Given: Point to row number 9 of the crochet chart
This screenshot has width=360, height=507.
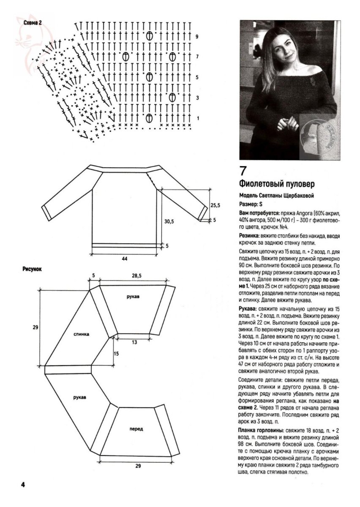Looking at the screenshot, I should click(197, 37).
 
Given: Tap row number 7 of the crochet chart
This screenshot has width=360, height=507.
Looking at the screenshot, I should click(197, 57).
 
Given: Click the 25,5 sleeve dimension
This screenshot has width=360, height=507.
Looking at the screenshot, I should click(215, 205).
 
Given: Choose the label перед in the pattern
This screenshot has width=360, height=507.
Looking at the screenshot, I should click(136, 428).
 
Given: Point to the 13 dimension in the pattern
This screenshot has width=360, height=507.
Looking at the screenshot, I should click(134, 342).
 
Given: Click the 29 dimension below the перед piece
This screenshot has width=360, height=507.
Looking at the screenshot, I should click(138, 466).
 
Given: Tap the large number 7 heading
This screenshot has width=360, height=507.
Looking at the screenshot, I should click(243, 171).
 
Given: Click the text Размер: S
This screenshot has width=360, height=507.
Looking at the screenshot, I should click(251, 204).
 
